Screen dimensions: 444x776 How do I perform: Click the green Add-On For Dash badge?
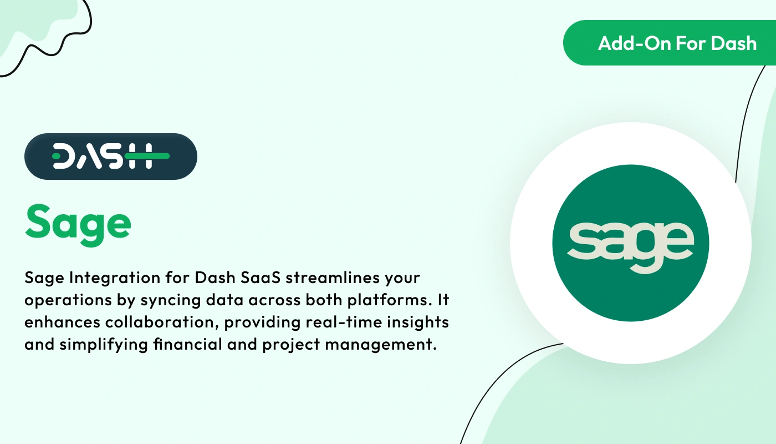(671, 43)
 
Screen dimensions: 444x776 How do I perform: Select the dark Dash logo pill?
(110, 157)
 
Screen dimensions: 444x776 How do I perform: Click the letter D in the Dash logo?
(63, 157)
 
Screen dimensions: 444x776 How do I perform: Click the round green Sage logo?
(630, 243)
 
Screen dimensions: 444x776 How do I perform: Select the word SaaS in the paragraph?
(258, 277)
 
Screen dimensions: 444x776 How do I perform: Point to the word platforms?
(387, 300)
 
